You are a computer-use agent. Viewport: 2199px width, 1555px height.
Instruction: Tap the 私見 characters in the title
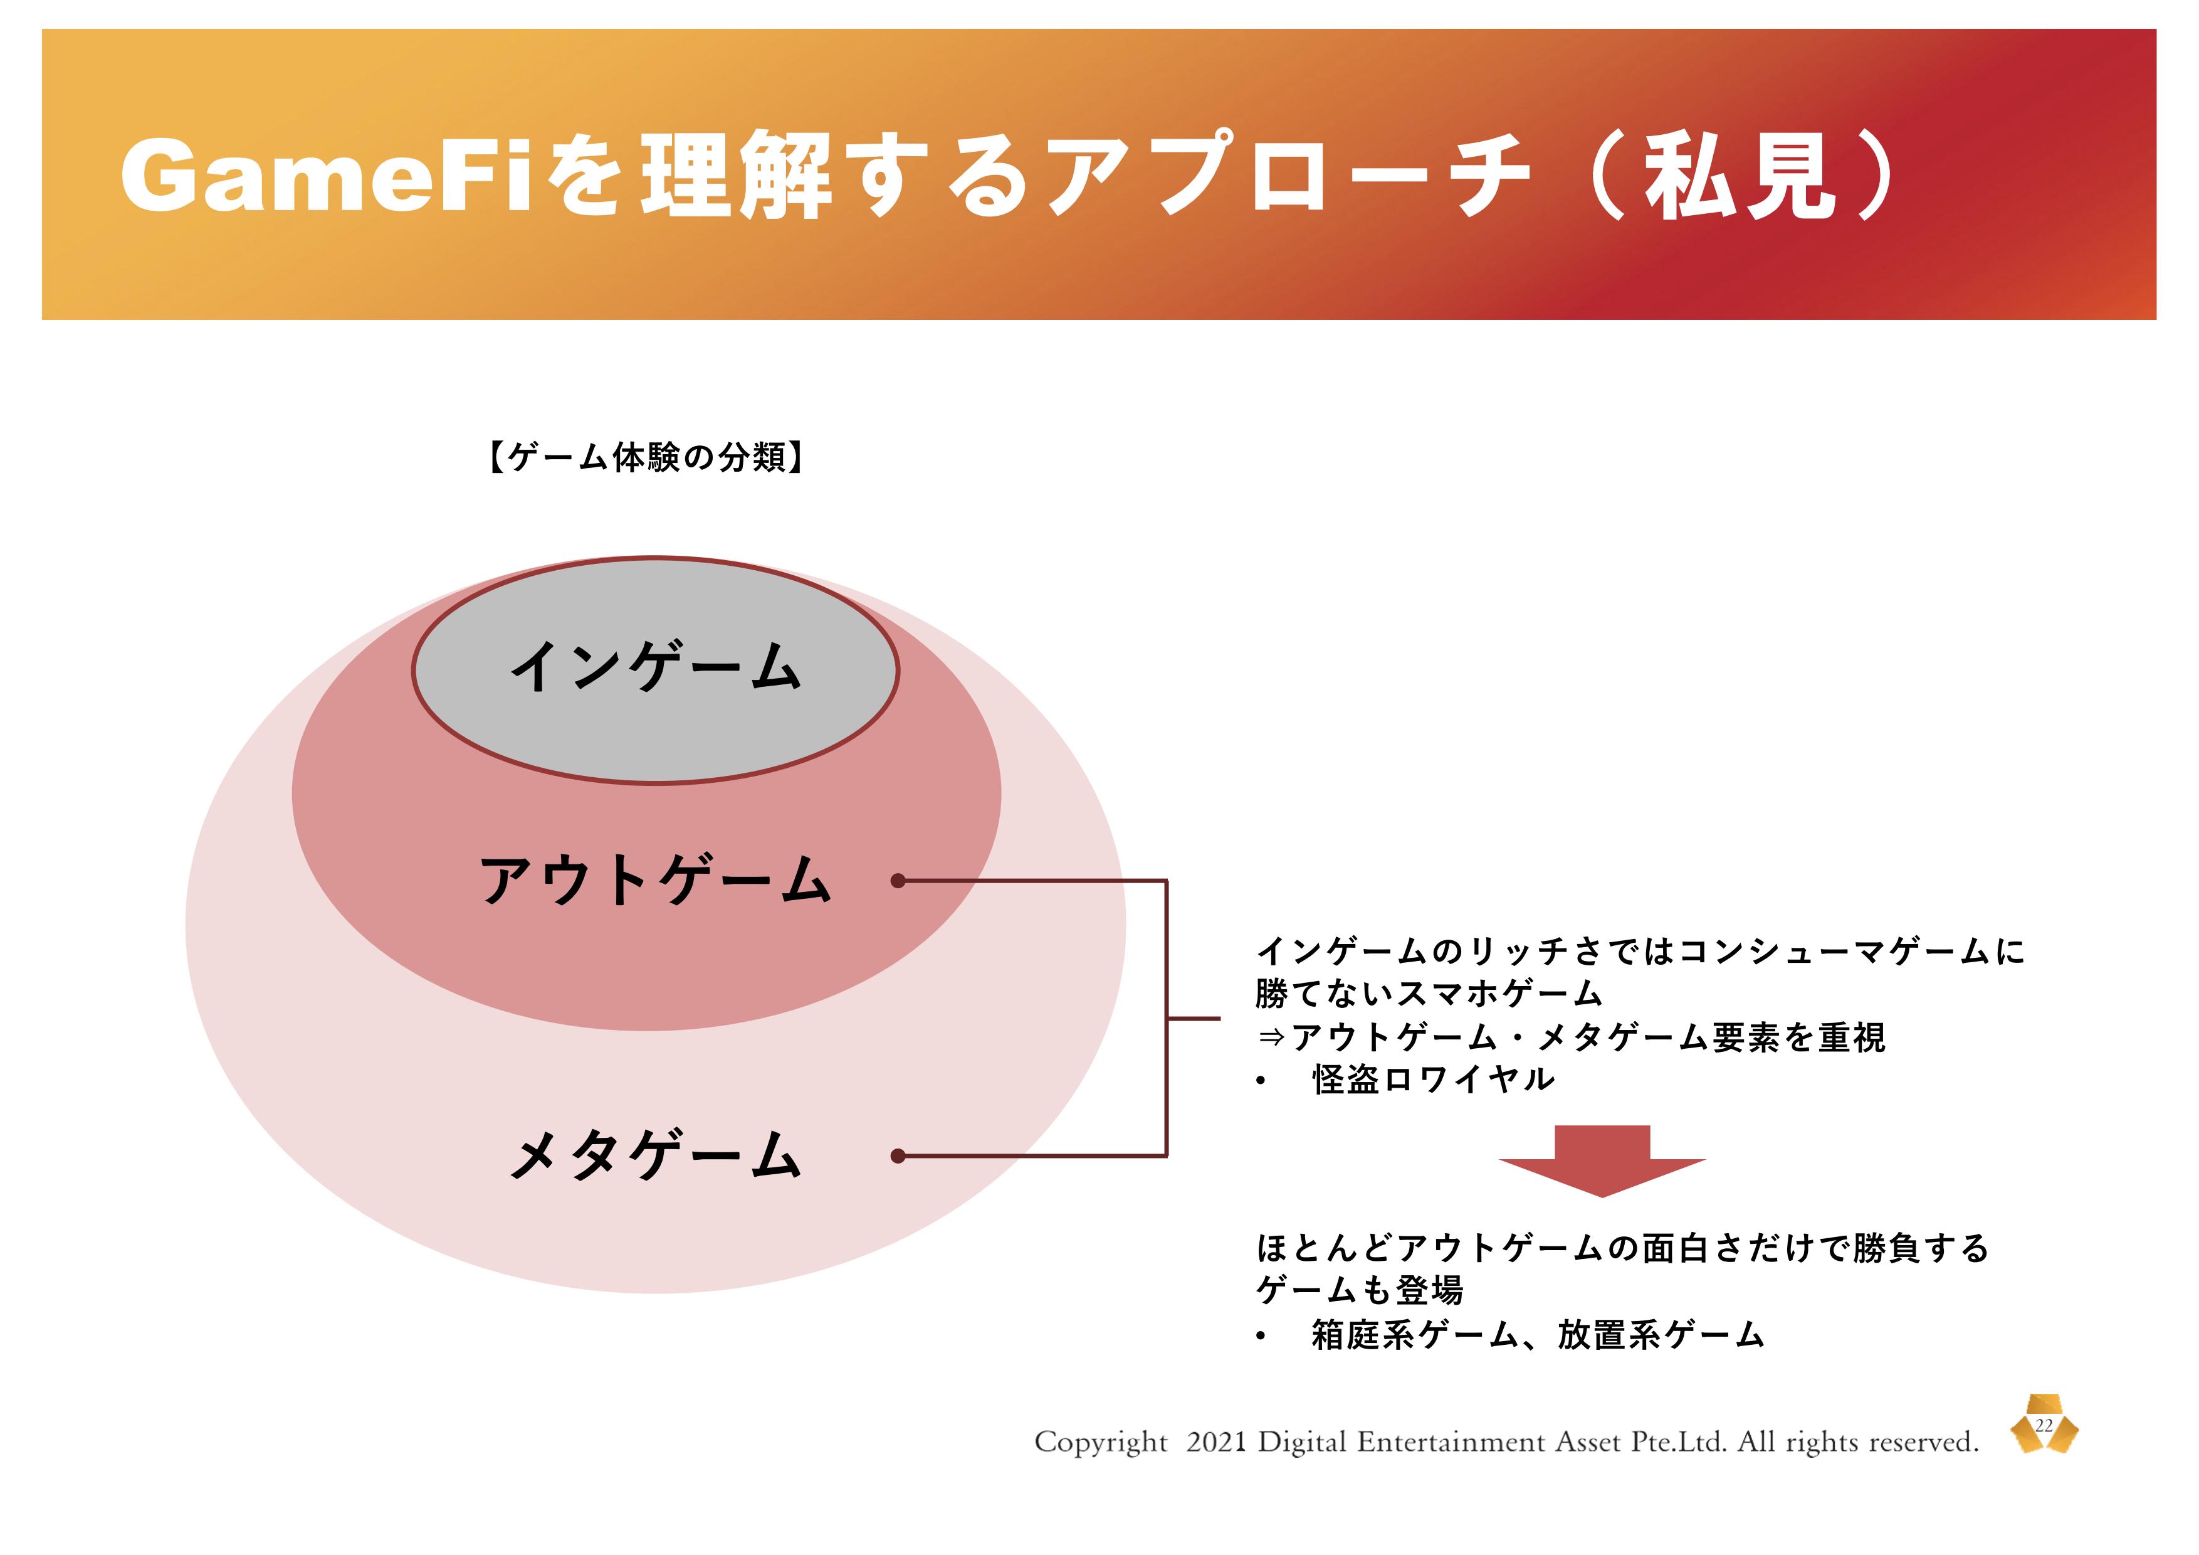[x=1740, y=176]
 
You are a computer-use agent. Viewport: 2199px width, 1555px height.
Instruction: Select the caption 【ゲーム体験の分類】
[x=646, y=457]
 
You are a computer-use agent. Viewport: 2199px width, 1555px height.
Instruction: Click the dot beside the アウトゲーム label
[x=898, y=881]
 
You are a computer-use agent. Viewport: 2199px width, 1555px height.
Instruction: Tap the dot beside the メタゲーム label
[x=898, y=1157]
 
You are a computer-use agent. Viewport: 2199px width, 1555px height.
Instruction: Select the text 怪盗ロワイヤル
[x=1434, y=1080]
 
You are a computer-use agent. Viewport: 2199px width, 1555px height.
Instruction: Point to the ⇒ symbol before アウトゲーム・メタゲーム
[x=1270, y=1038]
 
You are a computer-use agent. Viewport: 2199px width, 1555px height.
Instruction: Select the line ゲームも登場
[x=1360, y=1290]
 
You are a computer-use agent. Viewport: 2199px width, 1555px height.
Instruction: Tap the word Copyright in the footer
[x=1101, y=1443]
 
